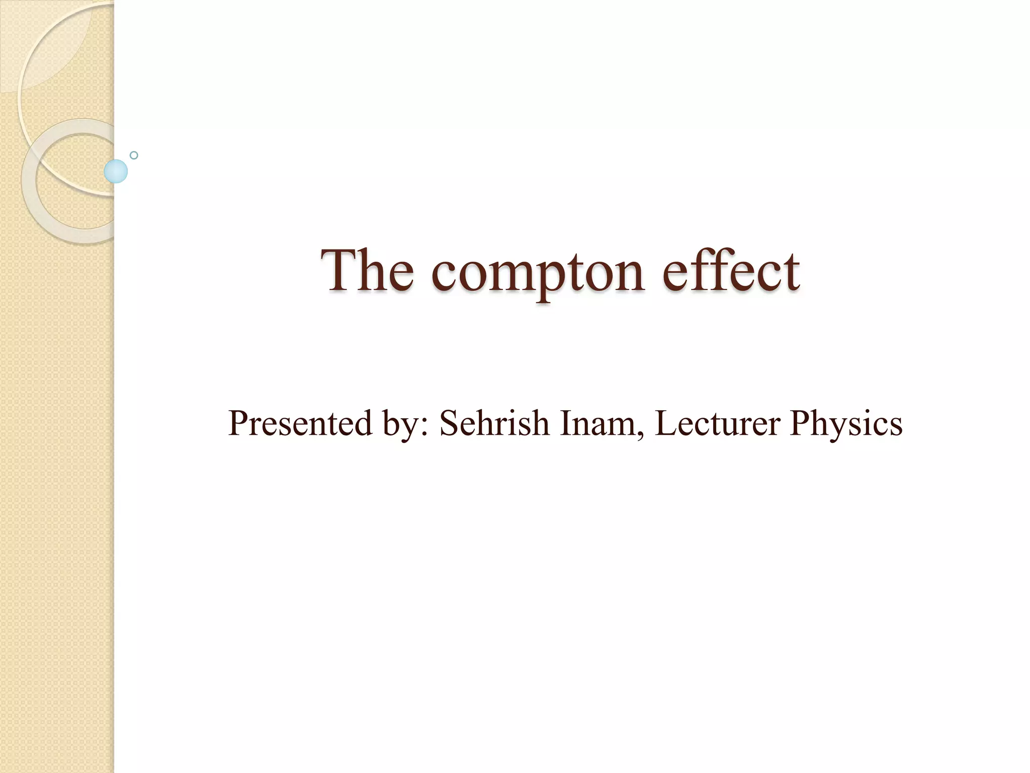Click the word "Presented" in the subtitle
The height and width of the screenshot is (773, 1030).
pyautogui.click(x=300, y=423)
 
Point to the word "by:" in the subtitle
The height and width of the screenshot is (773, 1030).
pyautogui.click(x=406, y=425)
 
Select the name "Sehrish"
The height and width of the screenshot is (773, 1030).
pyautogui.click(x=494, y=423)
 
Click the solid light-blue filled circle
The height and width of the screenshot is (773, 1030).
pyautogui.click(x=116, y=171)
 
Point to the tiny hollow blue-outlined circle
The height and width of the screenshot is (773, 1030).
pyautogui.click(x=134, y=155)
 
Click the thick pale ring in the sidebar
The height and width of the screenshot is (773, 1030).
pyautogui.click(x=30, y=201)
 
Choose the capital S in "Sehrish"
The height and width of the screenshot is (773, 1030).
pyautogui.click(x=449, y=423)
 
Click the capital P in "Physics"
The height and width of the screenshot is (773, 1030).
pyautogui.click(x=800, y=423)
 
